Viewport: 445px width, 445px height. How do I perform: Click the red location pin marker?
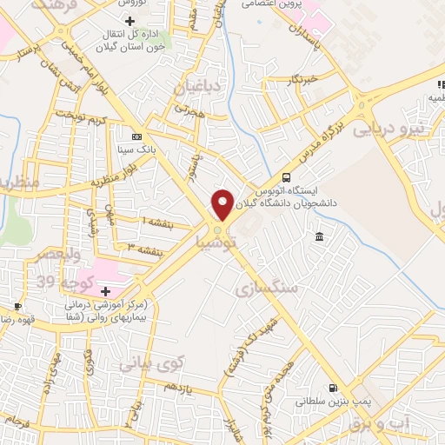223,204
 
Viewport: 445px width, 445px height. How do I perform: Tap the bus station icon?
288,178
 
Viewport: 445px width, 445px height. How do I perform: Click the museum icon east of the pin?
320,237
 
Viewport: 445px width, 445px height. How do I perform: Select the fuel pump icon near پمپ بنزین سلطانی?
333,388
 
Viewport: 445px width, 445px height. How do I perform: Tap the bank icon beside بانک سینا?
136,136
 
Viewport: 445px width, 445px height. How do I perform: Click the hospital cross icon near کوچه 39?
105,290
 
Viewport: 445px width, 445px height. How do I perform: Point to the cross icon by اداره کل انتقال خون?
130,20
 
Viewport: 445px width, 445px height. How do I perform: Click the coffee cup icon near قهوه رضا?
17,306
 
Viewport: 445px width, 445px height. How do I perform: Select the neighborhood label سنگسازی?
266,286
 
